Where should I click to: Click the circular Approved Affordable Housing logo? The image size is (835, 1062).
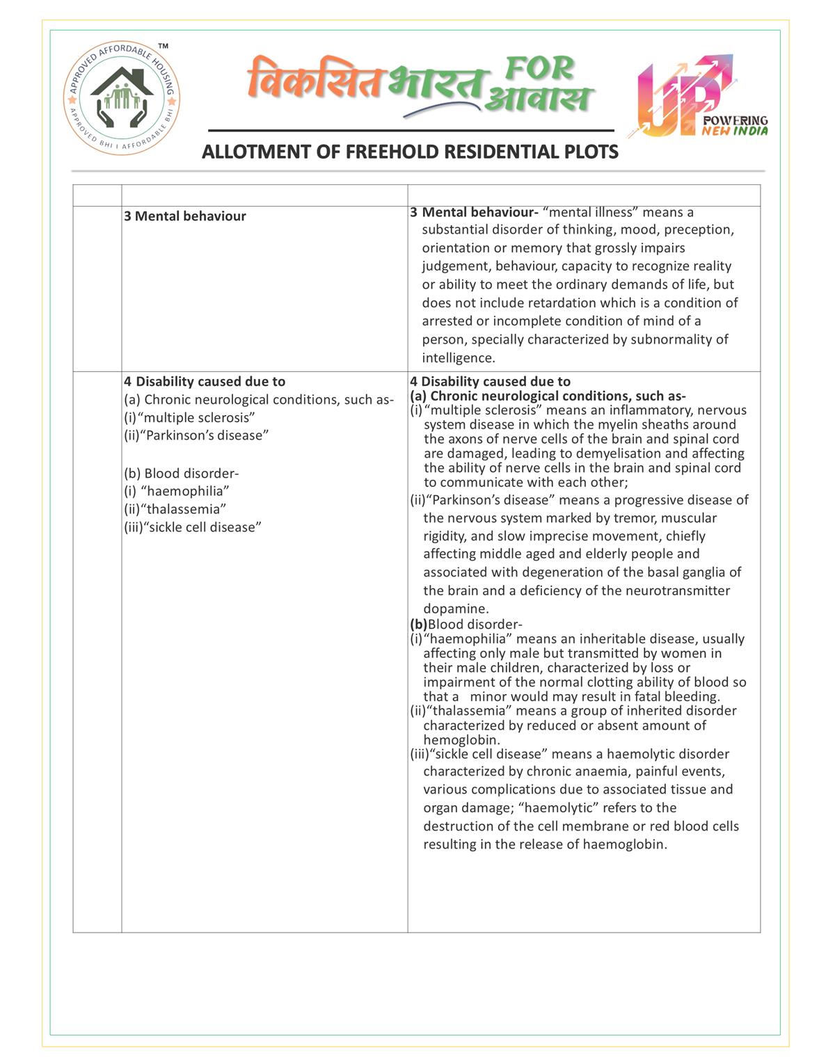coord(122,98)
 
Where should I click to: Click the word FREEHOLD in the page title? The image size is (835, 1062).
coord(392,152)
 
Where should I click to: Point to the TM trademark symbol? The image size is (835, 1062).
coord(163,47)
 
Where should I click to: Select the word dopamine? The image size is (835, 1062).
coord(455,609)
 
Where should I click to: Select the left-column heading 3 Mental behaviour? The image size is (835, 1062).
coord(185,216)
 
